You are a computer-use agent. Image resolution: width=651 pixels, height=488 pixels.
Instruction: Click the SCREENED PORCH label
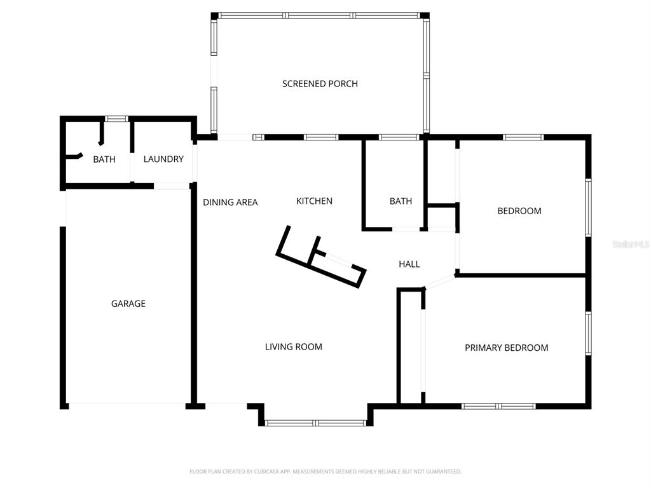(320, 84)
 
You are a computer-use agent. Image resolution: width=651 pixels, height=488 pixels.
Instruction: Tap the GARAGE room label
(128, 304)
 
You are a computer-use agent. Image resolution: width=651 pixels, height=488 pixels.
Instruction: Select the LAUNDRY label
(163, 159)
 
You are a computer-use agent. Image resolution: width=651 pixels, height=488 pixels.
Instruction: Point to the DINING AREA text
(230, 203)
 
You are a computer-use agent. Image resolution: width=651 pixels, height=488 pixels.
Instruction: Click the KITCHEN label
(314, 201)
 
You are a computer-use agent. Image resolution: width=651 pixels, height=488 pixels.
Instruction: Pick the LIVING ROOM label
(294, 347)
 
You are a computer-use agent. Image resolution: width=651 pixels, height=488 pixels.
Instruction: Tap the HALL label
(409, 264)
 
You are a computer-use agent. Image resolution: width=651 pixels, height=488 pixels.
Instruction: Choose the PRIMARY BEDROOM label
(506, 348)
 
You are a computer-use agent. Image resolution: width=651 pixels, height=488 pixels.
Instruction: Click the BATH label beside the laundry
(104, 159)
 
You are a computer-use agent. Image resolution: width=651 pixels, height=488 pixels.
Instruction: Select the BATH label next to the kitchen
(401, 201)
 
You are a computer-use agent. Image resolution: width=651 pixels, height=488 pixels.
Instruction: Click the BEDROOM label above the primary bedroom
(519, 211)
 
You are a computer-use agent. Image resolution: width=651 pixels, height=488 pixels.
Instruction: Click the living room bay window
(315, 423)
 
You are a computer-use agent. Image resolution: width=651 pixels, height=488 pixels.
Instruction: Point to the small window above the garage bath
(116, 118)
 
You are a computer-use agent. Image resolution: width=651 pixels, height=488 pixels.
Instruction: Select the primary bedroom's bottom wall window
(498, 406)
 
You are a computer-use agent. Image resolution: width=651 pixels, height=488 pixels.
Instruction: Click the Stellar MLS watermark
(630, 244)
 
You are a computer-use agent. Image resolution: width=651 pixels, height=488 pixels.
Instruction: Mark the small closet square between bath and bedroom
(442, 217)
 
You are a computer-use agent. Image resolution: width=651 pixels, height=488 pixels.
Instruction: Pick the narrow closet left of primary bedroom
(411, 346)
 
